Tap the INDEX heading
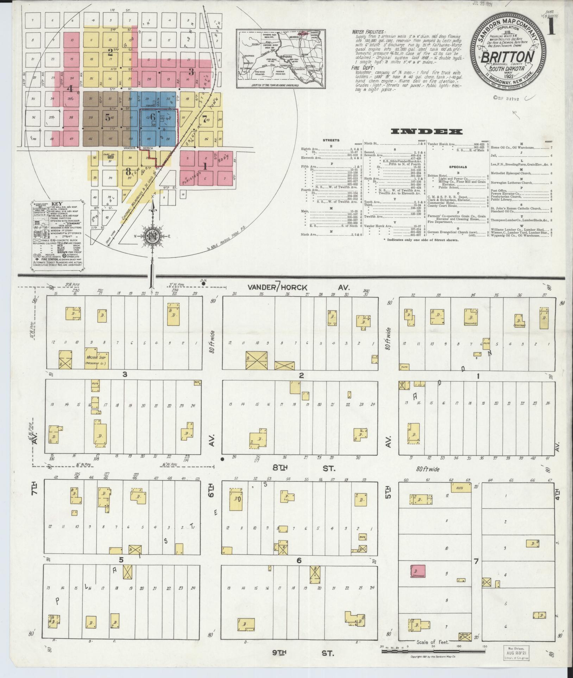427,132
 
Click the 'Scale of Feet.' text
433,642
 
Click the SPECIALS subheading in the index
458,167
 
